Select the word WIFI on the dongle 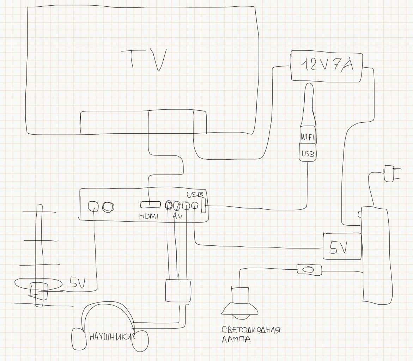click(307, 137)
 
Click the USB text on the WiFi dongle click(308, 154)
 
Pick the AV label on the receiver click(177, 216)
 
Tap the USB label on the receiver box click(195, 194)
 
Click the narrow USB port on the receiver click(203, 206)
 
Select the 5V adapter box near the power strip click(342, 246)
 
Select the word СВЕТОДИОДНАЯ click(251, 330)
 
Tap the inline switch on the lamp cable click(309, 270)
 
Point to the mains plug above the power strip click(389, 174)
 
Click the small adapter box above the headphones click(178, 290)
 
